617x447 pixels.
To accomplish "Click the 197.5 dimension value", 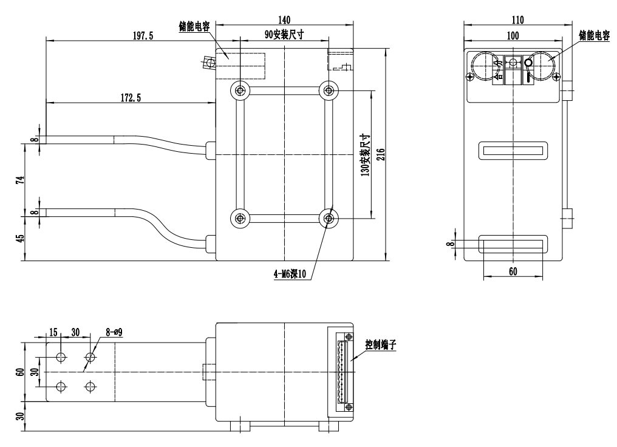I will click(x=143, y=36).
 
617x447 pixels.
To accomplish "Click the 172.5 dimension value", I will click(x=129, y=98).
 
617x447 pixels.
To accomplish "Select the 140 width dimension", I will click(x=284, y=19).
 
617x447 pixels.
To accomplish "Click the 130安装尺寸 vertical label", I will click(x=364, y=155).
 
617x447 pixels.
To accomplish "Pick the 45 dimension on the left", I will click(x=19, y=238).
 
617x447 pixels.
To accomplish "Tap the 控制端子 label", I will click(x=381, y=344).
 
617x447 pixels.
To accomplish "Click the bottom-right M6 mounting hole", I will click(x=329, y=218).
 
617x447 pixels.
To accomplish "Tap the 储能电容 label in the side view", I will click(x=593, y=35).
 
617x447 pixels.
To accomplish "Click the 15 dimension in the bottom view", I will click(x=53, y=332).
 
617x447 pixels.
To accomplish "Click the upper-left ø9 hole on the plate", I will click(x=61, y=357).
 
